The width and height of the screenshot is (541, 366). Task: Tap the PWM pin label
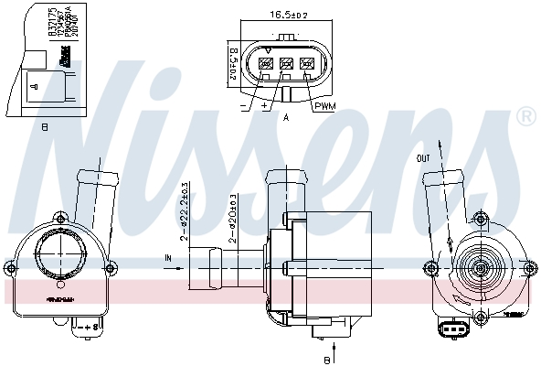click(325, 107)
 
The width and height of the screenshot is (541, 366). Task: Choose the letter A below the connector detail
click(287, 117)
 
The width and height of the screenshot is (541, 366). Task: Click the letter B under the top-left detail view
click(44, 128)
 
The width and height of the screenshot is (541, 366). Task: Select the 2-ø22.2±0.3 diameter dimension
click(186, 211)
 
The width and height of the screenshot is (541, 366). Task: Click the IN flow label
click(167, 259)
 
